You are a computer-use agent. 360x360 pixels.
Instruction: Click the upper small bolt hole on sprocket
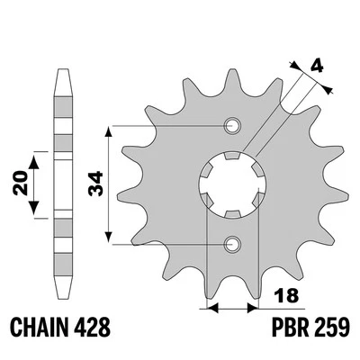tap(232, 126)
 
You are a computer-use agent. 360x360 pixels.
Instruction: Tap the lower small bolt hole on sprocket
tap(232, 242)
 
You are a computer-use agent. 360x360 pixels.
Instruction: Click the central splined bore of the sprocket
tap(232, 184)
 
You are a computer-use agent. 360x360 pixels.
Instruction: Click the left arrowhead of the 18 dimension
tap(213, 307)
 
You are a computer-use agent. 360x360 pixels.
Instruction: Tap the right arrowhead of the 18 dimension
tap(251, 307)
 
